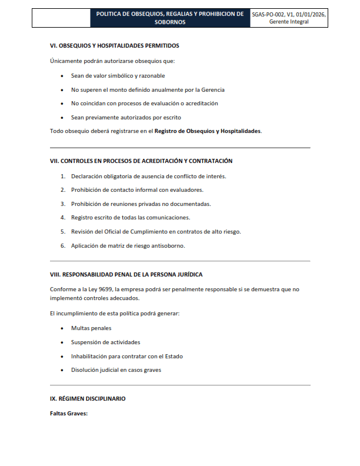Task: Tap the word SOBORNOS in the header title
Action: pyautogui.click(x=171, y=22)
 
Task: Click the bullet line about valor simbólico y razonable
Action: pyautogui.click(x=118, y=76)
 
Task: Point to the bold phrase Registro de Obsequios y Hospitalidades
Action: pyautogui.click(x=208, y=131)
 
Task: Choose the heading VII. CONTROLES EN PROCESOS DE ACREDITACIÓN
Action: pyautogui.click(x=141, y=161)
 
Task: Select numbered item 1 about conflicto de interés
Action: pyautogui.click(x=148, y=176)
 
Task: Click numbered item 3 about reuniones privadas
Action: pyautogui.click(x=141, y=204)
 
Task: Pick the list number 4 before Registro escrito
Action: pyautogui.click(x=62, y=218)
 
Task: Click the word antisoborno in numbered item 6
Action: pyautogui.click(x=169, y=245)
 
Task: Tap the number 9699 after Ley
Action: pyautogui.click(x=106, y=289)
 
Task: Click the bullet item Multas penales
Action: pyautogui.click(x=91, y=328)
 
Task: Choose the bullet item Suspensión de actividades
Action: pyautogui.click(x=105, y=342)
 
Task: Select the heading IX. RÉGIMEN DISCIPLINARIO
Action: pyautogui.click(x=88, y=398)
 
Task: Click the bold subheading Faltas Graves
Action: pyautogui.click(x=69, y=414)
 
